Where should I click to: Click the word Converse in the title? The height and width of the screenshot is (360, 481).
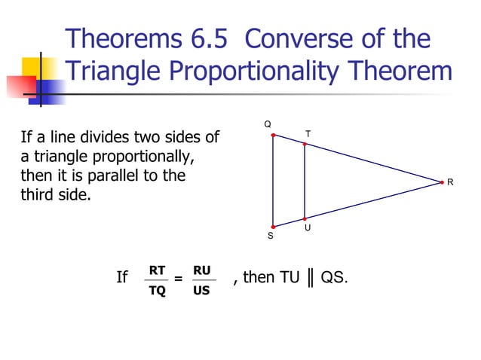[x=318, y=38]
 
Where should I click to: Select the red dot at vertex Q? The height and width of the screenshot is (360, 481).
[x=273, y=136]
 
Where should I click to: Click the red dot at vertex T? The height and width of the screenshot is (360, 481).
[x=304, y=143]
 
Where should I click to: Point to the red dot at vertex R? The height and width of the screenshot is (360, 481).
[x=442, y=182]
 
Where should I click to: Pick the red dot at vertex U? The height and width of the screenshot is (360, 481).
[x=304, y=218]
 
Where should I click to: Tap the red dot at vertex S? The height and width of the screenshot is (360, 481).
[x=273, y=227]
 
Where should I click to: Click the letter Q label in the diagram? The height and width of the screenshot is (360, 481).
[x=267, y=124]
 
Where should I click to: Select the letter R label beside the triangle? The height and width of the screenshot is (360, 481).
[x=450, y=182]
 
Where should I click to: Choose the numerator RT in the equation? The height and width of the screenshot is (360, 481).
[x=157, y=270]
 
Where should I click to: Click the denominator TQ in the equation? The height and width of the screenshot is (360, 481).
[x=157, y=290]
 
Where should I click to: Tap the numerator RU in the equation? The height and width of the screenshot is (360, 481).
[x=201, y=270]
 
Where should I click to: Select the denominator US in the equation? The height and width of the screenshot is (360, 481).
[x=201, y=290]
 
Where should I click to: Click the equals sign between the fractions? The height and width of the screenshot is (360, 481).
[x=178, y=279]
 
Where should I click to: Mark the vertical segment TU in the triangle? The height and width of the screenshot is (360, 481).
[x=304, y=181]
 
